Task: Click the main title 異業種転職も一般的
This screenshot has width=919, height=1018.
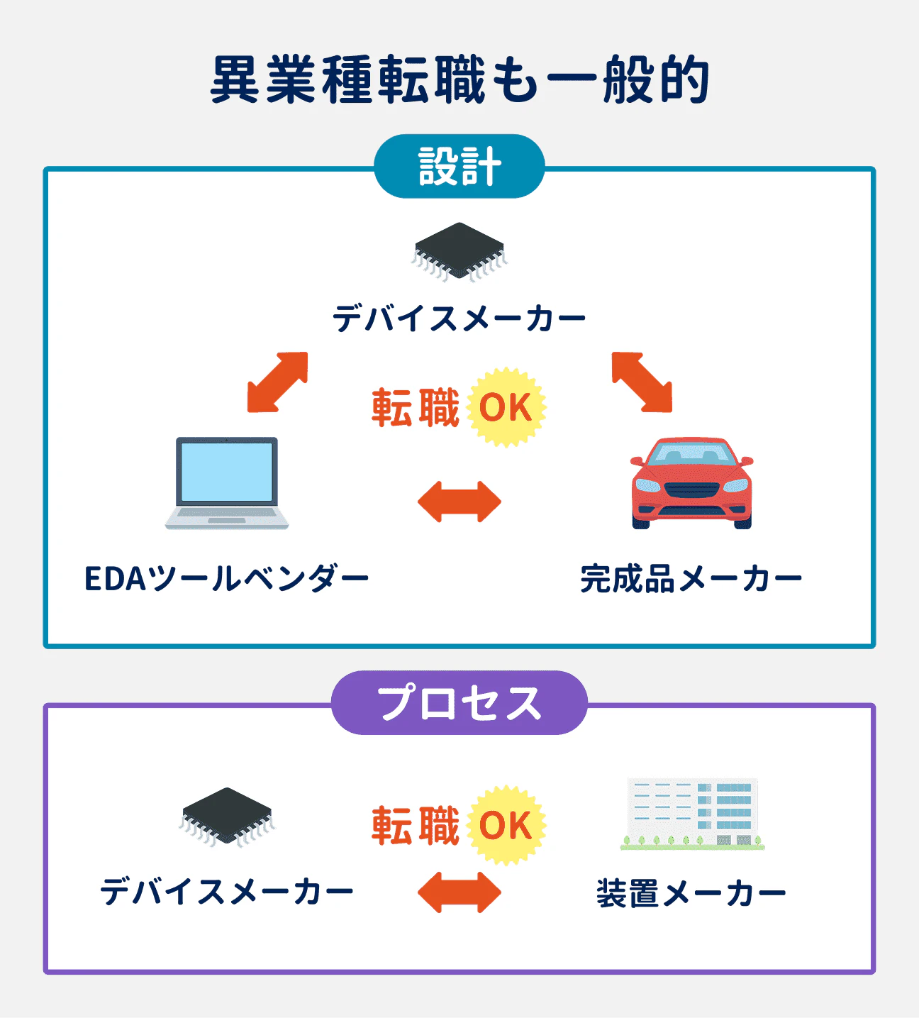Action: [459, 80]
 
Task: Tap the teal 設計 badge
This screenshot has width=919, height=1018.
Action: [459, 167]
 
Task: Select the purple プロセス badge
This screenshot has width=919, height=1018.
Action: [459, 703]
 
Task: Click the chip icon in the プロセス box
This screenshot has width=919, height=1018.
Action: [227, 817]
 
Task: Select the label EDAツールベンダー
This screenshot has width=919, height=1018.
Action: [227, 579]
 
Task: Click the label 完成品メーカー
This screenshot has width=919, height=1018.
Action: [691, 579]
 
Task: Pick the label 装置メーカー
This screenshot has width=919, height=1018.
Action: [691, 893]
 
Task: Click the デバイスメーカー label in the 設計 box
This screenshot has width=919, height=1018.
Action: [459, 318]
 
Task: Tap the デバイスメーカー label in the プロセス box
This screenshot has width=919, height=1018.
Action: [227, 892]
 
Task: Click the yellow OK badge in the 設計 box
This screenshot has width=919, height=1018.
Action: [506, 408]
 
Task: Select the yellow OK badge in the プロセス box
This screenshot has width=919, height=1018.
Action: [506, 826]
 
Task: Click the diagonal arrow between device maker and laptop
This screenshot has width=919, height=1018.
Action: [277, 382]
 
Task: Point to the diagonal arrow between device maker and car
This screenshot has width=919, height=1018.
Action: [642, 382]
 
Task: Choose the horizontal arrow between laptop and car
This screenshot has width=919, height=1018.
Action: [459, 502]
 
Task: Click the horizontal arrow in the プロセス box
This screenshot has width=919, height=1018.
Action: [459, 892]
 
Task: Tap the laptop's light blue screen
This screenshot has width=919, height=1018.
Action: [227, 472]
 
